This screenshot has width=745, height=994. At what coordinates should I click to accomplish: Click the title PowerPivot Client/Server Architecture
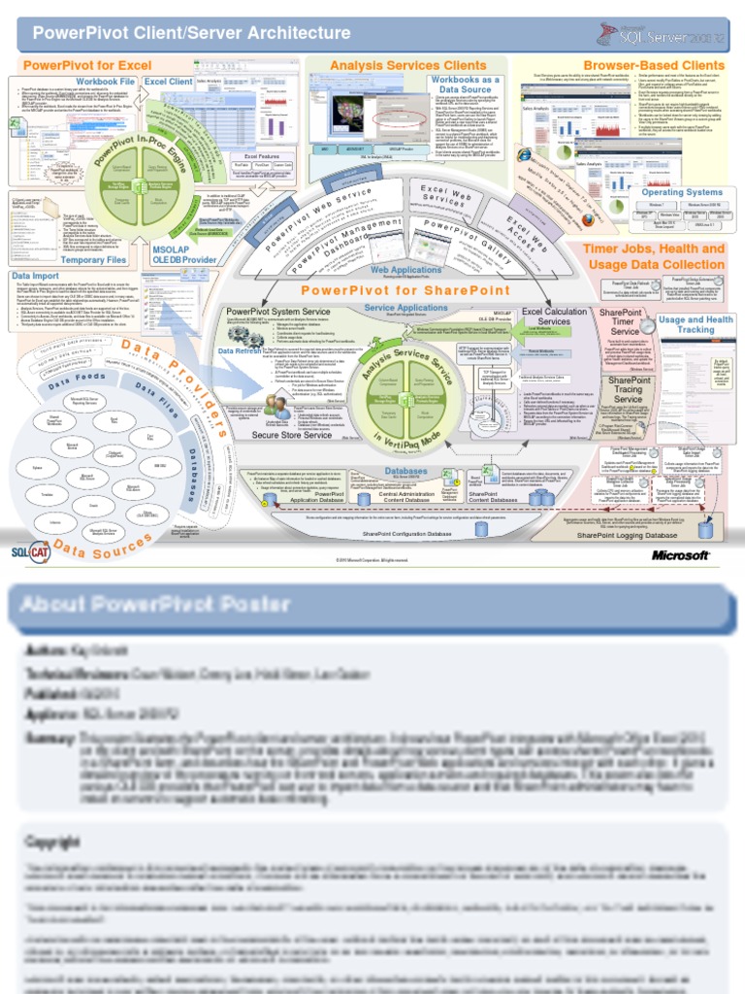(x=192, y=34)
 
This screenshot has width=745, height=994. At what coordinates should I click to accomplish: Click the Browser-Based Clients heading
(x=654, y=65)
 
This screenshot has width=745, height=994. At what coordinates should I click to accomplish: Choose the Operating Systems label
(x=682, y=192)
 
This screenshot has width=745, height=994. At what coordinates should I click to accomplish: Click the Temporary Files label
(x=95, y=260)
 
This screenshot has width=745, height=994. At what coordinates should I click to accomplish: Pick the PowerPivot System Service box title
(x=277, y=312)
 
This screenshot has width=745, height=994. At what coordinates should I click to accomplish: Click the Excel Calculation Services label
(x=554, y=316)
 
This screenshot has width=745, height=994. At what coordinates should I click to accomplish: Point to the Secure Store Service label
(x=292, y=435)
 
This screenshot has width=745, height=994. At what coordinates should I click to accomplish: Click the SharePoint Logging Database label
(x=627, y=535)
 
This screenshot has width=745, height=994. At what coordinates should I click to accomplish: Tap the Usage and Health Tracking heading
(x=696, y=324)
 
